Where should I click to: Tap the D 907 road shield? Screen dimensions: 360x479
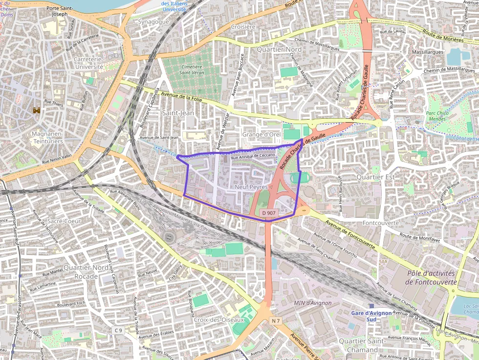[x=269, y=213]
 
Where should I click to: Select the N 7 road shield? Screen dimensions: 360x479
[x=276, y=320]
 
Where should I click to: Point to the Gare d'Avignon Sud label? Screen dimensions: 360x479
[x=371, y=316]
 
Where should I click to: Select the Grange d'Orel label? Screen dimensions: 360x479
[x=261, y=134]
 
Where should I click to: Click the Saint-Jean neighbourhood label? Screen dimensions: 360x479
[x=178, y=113]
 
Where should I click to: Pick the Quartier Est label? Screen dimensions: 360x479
[x=375, y=176]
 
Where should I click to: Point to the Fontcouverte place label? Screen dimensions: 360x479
[x=381, y=223]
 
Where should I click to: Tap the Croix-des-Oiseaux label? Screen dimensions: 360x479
[x=218, y=319]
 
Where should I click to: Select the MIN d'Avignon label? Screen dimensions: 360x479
[x=313, y=303]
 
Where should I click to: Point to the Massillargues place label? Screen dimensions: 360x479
[x=428, y=52]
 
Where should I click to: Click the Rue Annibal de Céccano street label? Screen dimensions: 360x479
[x=253, y=156]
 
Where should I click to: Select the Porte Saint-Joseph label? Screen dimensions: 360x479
[x=60, y=11]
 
